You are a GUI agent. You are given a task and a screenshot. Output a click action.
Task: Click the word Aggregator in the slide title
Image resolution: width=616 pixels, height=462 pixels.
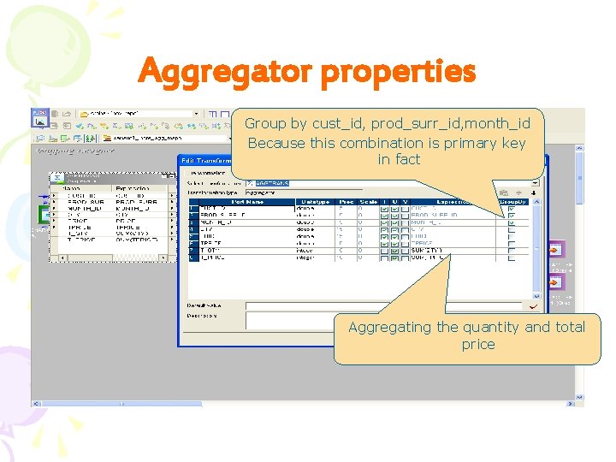pyautogui.click(x=225, y=72)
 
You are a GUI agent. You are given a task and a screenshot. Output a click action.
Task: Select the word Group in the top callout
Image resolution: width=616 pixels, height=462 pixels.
pyautogui.click(x=264, y=123)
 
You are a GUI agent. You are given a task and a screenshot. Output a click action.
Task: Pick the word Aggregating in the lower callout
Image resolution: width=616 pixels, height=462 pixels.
pyautogui.click(x=389, y=327)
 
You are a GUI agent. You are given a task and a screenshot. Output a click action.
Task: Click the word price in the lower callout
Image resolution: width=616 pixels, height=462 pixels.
pyautogui.click(x=477, y=344)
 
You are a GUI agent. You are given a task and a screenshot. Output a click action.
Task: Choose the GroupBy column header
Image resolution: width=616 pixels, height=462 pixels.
pyautogui.click(x=512, y=201)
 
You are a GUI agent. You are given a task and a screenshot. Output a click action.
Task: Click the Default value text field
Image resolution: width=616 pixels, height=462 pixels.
pyautogui.click(x=385, y=305)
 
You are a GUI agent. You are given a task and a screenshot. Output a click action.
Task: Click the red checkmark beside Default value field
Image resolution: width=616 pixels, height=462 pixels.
pyautogui.click(x=534, y=305)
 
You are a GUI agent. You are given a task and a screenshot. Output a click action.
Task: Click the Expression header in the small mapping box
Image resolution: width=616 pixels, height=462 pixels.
pyautogui.click(x=133, y=188)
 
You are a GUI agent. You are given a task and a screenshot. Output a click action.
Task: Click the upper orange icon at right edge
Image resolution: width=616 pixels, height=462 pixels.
pyautogui.click(x=555, y=250)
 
